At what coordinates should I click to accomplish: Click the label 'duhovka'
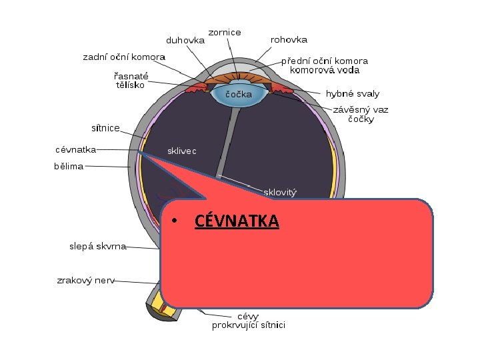pyautogui.click(x=185, y=40)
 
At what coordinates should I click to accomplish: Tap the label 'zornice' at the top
pyautogui.click(x=225, y=32)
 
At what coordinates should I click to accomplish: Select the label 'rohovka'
pyautogui.click(x=289, y=40)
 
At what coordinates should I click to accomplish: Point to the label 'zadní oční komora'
pyautogui.click(x=124, y=57)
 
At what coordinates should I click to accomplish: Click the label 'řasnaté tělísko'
pyautogui.click(x=131, y=80)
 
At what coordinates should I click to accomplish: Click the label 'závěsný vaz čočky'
pyautogui.click(x=361, y=114)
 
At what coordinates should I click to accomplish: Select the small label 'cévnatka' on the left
pyautogui.click(x=75, y=150)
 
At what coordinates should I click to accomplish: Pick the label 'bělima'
pyautogui.click(x=69, y=166)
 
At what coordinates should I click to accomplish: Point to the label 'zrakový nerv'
pyautogui.click(x=85, y=281)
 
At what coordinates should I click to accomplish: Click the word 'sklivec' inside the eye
pyautogui.click(x=182, y=151)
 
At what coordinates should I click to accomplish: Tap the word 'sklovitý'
pyautogui.click(x=281, y=193)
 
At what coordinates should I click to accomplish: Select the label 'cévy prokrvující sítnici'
pyautogui.click(x=249, y=321)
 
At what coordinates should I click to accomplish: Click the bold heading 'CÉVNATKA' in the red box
pyautogui.click(x=237, y=221)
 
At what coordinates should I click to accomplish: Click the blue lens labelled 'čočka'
pyautogui.click(x=237, y=95)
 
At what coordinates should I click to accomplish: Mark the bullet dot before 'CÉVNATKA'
pyautogui.click(x=172, y=221)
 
